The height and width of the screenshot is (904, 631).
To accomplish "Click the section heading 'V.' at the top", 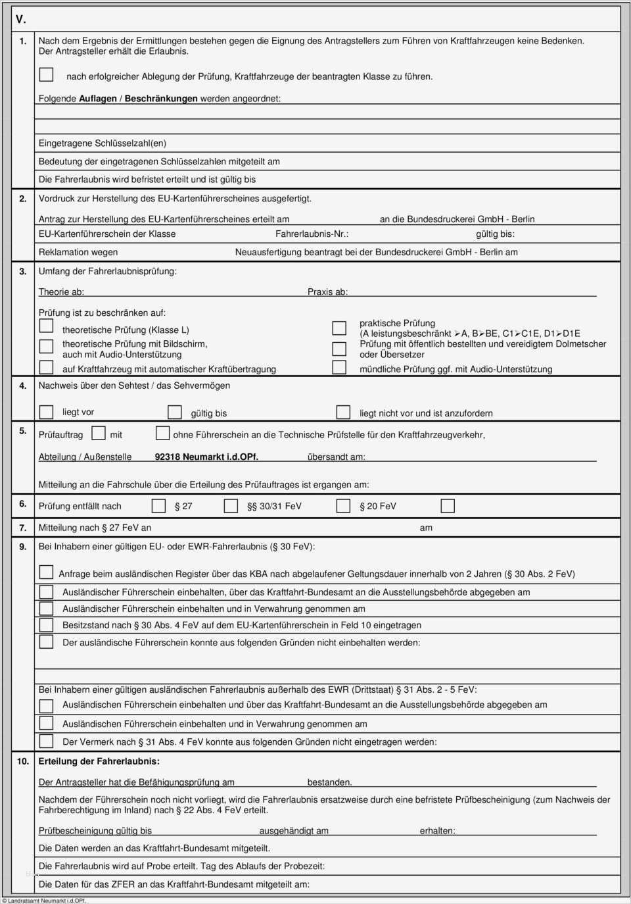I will click(20, 19).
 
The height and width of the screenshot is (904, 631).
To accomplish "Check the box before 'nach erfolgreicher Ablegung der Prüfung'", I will click(46, 74).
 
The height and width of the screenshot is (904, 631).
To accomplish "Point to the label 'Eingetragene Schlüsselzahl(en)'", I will click(103, 143).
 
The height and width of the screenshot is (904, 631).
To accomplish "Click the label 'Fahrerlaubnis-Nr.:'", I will click(312, 234).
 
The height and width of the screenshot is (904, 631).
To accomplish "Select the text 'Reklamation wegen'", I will click(78, 252).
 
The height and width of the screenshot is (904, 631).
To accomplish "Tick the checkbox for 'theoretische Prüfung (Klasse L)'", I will click(46, 326).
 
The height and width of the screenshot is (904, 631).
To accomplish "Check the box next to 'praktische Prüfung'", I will click(339, 328).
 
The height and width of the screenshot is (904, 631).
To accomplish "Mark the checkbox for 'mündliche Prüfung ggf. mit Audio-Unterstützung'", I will click(339, 367).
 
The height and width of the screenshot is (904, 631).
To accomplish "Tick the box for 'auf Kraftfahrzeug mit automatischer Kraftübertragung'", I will click(46, 367).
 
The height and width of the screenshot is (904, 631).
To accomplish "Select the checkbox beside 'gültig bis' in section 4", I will click(174, 412).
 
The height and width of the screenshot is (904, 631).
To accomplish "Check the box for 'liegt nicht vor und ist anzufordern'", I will click(343, 412).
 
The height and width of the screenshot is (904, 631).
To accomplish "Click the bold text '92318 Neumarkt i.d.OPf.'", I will click(206, 457).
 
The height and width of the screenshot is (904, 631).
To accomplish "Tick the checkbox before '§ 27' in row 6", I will click(158, 505).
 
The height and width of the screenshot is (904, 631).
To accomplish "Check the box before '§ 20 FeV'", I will click(343, 505).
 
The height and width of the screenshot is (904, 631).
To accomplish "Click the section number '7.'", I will click(22, 528).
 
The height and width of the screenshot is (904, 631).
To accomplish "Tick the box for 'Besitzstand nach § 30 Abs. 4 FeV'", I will click(46, 624).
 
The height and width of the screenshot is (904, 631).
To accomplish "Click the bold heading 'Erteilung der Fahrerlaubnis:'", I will click(99, 761).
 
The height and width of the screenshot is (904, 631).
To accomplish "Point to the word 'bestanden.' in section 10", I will click(329, 782).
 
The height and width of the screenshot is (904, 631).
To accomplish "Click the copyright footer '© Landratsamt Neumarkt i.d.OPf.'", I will click(44, 900).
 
